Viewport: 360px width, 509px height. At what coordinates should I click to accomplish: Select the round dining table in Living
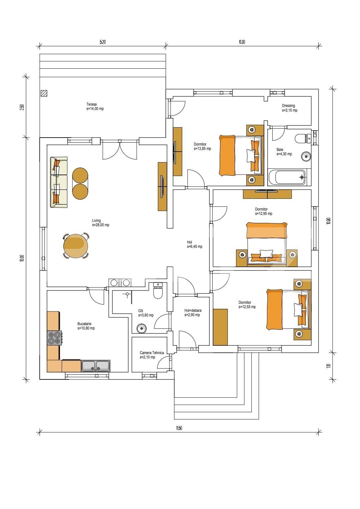click(x=76, y=246)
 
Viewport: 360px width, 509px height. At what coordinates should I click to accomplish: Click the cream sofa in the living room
click(x=59, y=182)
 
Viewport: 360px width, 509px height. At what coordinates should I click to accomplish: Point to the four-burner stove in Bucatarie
click(x=54, y=338)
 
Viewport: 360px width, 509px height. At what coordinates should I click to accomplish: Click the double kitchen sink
click(x=96, y=366)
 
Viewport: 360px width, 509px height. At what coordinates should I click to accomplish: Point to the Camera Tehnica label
click(x=152, y=353)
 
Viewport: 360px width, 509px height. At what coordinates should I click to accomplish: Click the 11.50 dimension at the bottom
click(x=179, y=428)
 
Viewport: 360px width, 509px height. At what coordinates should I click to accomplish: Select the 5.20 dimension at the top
click(x=103, y=42)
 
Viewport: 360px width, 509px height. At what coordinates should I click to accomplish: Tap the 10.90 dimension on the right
click(x=328, y=221)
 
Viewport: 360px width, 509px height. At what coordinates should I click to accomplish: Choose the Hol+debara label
click(x=193, y=310)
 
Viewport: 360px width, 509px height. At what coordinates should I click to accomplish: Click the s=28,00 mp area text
click(x=101, y=225)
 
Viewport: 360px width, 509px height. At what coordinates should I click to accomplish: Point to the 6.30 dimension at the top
click(x=242, y=42)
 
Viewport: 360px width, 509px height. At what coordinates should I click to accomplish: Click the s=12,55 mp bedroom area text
click(x=247, y=307)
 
